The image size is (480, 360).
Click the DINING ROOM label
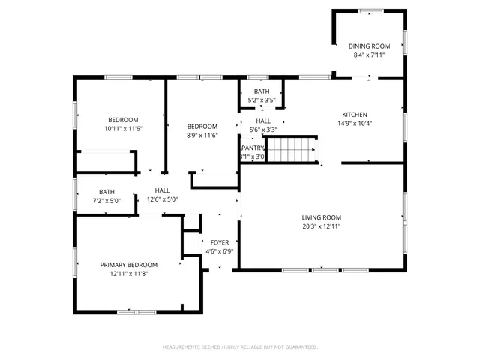tap(368, 46)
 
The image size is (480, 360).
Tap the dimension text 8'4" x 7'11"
tap(368, 55)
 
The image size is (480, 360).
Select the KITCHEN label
tap(355, 115)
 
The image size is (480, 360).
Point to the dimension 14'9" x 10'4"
tap(355, 124)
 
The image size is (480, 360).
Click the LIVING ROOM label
tap(322, 217)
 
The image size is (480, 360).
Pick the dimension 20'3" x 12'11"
tap(322, 226)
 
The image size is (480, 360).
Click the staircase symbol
tap(292, 149)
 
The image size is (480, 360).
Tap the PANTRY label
tap(253, 148)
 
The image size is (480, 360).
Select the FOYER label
tap(220, 242)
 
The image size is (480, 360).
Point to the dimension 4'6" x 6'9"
tap(220, 251)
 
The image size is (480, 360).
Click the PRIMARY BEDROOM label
tap(129, 265)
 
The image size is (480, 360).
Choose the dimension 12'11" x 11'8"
tap(129, 274)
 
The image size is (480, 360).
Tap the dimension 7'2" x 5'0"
tap(106, 200)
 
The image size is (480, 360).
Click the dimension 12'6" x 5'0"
tap(162, 199)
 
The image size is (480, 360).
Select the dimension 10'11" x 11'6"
tap(123, 129)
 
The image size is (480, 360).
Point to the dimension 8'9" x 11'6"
tap(202, 135)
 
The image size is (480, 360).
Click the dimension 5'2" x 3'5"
tap(262, 100)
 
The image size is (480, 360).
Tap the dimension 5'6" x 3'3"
tap(263, 130)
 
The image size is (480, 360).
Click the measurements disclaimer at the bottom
tap(240, 347)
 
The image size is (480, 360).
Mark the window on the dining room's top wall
tap(369, 10)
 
